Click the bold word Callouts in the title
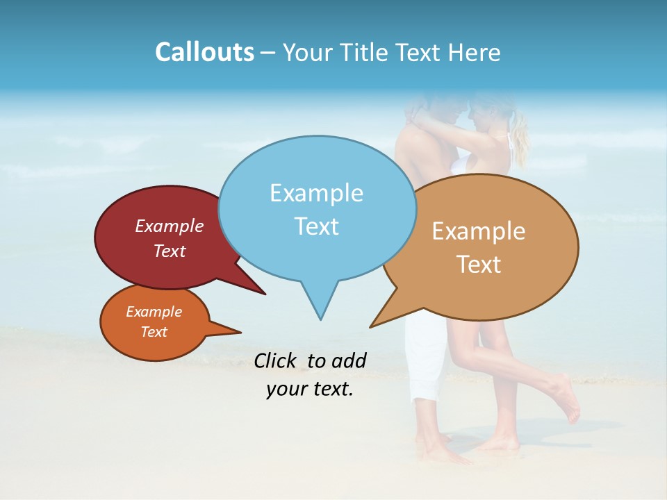pyautogui.click(x=204, y=52)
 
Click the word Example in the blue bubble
pyautogui.click(x=316, y=193)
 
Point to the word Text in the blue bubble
pyautogui.click(x=316, y=226)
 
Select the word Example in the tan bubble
pyautogui.click(x=479, y=231)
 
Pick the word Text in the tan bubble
pyautogui.click(x=479, y=265)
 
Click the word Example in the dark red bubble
pyautogui.click(x=170, y=226)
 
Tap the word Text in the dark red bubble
pyautogui.click(x=170, y=251)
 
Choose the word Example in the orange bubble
pyautogui.click(x=154, y=312)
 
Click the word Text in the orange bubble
pyautogui.click(x=154, y=332)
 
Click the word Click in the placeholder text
pyautogui.click(x=277, y=360)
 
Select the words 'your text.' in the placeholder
pyautogui.click(x=310, y=389)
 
